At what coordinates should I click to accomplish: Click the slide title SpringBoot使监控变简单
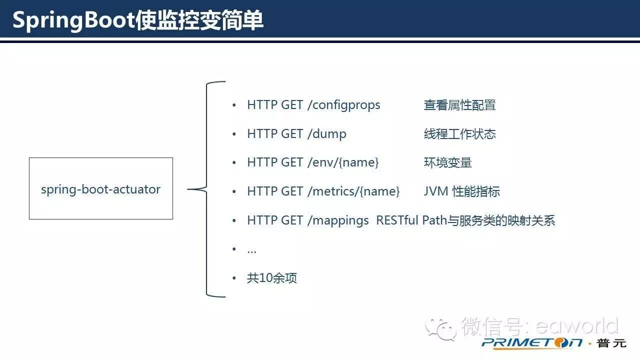pyautogui.click(x=137, y=21)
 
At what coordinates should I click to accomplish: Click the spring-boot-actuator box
pyautogui.click(x=101, y=189)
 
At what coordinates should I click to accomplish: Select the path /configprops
pyautogui.click(x=343, y=105)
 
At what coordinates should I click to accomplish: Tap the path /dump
pyautogui.click(x=326, y=134)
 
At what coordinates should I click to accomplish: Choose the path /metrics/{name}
pyautogui.click(x=353, y=191)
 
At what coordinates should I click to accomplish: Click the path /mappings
pyautogui.click(x=337, y=220)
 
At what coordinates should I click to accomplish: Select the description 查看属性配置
pyautogui.click(x=459, y=105)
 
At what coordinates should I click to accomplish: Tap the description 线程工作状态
pyautogui.click(x=459, y=134)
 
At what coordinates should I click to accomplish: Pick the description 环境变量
pyautogui.click(x=447, y=162)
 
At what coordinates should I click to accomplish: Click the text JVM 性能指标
pyautogui.click(x=461, y=191)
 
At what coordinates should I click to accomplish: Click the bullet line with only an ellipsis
pyautogui.click(x=251, y=249)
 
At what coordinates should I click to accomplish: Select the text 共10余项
pyautogui.click(x=272, y=278)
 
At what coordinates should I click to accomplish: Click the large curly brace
pyautogui.click(x=207, y=189)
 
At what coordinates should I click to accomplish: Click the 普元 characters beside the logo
pyautogui.click(x=612, y=343)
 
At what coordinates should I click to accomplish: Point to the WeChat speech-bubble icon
pyautogui.click(x=440, y=328)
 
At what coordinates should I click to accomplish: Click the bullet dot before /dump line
pyautogui.click(x=233, y=134)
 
